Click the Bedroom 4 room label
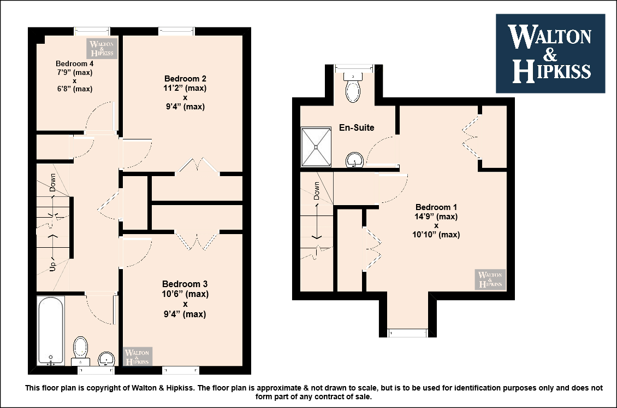pos(74,63)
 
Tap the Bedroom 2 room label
pos(185,78)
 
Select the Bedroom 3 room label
pos(185,284)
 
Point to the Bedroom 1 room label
pos(436,207)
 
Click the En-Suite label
pos(357,127)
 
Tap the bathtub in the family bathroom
pos(51,331)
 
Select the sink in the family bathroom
pos(106,359)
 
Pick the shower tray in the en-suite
pos(316,147)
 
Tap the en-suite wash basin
pos(354,160)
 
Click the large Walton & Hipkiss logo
pos(550,54)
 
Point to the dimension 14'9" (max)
pos(436,217)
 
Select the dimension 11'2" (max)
pos(185,88)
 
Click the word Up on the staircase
pos(53,266)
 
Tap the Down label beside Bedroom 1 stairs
pos(316,191)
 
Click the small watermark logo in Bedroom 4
pos(102,49)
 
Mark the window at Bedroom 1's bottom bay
pos(407,334)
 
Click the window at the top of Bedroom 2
pos(176,31)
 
